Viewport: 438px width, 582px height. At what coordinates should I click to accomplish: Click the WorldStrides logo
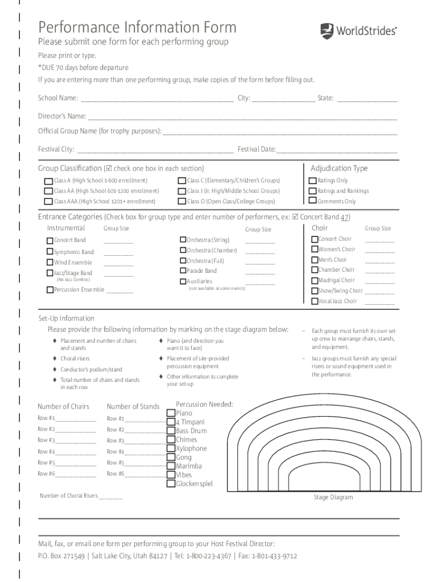click(358, 30)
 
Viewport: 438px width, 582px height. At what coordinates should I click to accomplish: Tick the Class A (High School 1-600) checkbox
click(48, 181)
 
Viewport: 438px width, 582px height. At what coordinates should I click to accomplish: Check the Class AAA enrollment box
click(48, 201)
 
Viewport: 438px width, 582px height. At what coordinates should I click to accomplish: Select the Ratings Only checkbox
click(312, 181)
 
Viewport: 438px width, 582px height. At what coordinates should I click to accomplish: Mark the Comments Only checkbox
click(312, 201)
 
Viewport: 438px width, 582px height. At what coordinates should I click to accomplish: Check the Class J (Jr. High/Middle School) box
click(181, 192)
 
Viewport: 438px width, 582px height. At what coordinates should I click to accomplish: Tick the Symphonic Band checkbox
click(50, 252)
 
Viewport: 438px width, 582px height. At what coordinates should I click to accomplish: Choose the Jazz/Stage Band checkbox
click(50, 273)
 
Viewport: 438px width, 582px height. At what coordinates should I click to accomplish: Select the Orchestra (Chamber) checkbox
click(183, 250)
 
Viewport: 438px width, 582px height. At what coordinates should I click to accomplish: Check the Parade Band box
click(183, 271)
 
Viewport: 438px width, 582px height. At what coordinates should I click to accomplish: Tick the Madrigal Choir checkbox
click(315, 280)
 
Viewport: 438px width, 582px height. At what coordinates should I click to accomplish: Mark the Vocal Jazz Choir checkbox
click(315, 301)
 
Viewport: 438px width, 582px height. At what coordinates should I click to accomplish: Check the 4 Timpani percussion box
click(171, 422)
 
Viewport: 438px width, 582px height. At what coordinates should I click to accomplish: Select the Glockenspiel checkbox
click(171, 484)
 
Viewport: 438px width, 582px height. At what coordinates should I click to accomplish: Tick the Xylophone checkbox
click(171, 448)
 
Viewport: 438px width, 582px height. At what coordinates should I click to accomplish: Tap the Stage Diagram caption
click(333, 497)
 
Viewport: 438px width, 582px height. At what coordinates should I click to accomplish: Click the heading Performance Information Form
click(137, 27)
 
